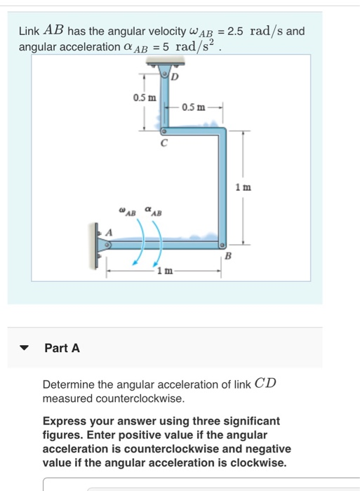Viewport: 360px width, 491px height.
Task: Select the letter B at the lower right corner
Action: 227,257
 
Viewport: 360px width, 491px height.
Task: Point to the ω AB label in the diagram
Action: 127,210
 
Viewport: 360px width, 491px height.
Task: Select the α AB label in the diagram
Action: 152,210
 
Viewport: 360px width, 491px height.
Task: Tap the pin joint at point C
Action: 164,131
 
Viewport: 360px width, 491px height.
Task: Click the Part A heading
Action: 62,347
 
